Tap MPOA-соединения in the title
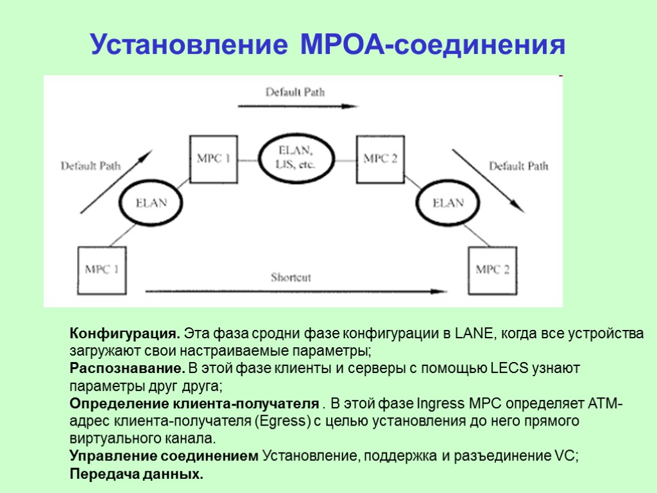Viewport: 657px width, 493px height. [x=432, y=45]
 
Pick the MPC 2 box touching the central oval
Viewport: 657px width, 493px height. [x=380, y=159]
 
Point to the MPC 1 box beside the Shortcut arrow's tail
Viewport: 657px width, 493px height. [x=101, y=270]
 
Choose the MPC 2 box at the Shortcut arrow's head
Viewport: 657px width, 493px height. [x=492, y=270]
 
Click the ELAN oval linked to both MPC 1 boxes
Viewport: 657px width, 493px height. [x=151, y=203]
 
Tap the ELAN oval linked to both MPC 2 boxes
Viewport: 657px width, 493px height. [x=447, y=203]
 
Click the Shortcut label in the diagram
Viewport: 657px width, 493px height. [x=290, y=278]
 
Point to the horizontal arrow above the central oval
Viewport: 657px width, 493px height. [x=297, y=107]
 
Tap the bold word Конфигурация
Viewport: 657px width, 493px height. [x=124, y=334]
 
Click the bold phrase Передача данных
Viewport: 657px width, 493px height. [x=136, y=474]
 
